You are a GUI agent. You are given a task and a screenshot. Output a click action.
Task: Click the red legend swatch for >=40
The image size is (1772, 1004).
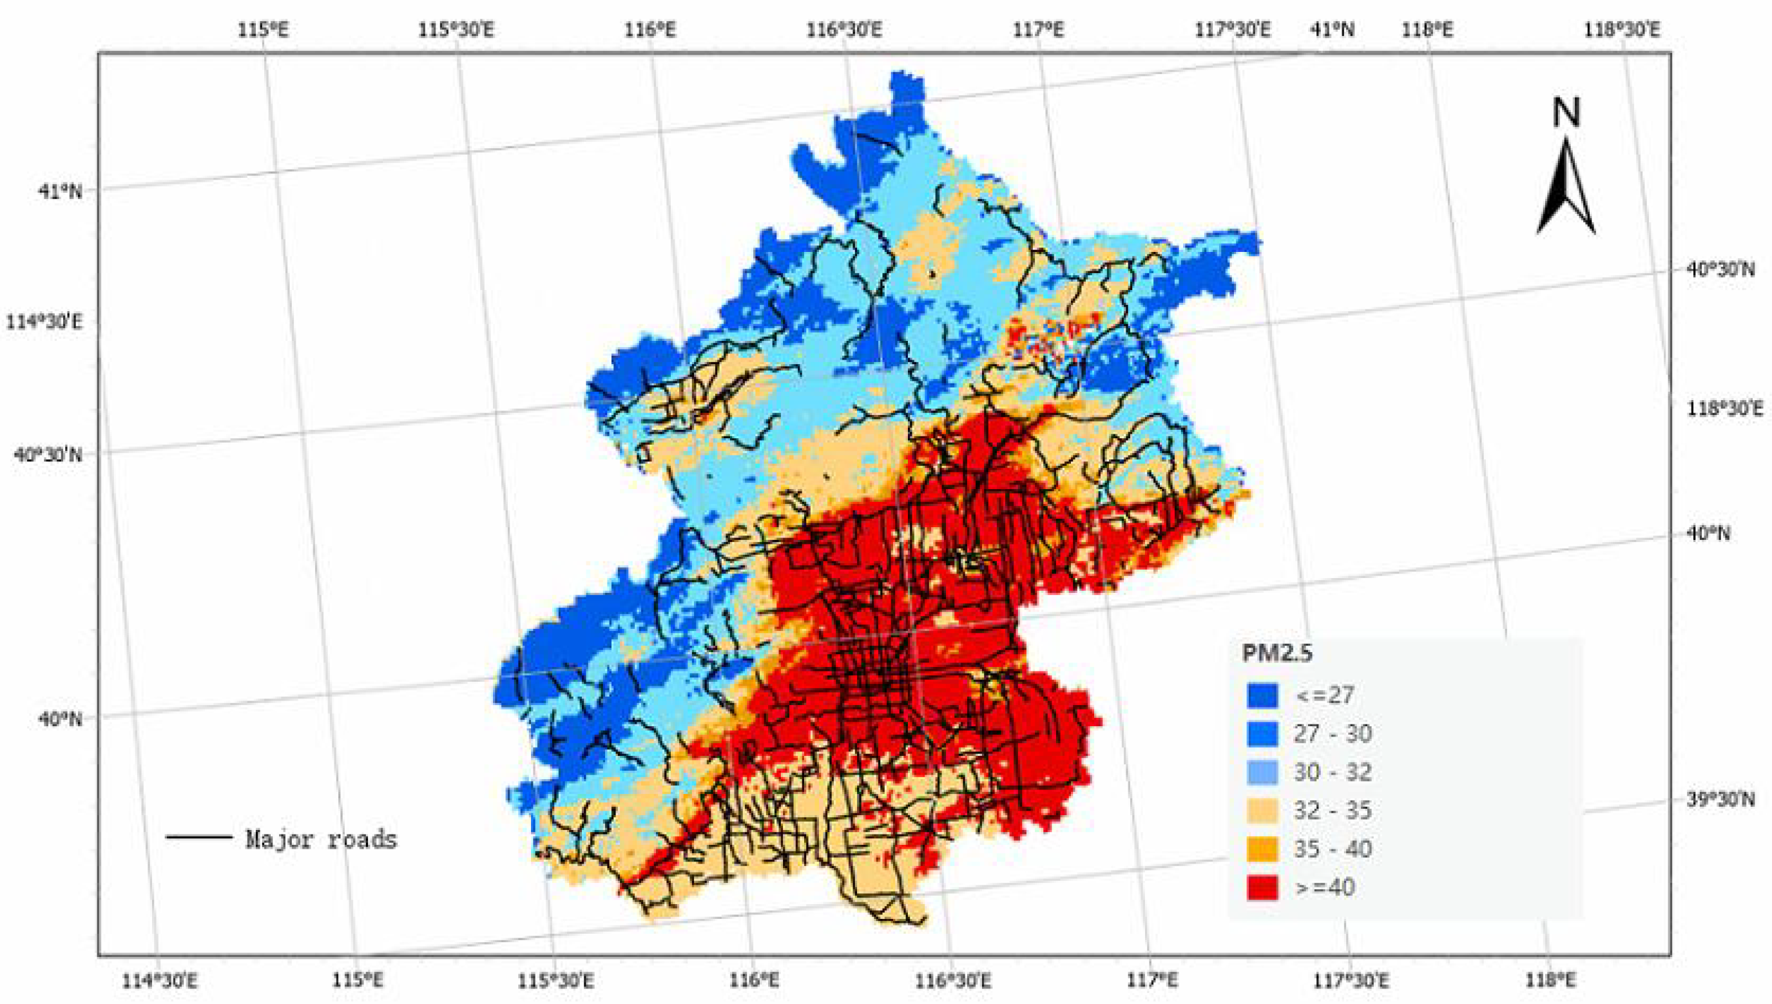(1262, 887)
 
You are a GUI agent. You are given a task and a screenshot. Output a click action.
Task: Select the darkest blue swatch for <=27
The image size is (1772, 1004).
(1262, 695)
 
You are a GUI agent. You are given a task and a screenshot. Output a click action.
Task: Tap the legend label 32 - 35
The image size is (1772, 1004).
(1332, 810)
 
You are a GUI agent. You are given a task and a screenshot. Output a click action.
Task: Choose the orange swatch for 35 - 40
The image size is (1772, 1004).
(1262, 849)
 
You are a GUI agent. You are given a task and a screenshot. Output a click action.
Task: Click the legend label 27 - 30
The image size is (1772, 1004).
(1332, 734)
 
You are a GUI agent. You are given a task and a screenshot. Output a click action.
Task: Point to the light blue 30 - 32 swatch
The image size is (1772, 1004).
(1262, 772)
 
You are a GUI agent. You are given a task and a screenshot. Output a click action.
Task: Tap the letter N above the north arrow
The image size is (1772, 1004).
(1566, 113)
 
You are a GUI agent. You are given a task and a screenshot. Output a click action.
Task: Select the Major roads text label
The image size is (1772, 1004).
(322, 840)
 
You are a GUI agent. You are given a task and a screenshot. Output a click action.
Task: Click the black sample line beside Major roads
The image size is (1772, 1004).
(199, 837)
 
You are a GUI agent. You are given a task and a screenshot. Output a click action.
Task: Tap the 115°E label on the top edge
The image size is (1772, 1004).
(264, 30)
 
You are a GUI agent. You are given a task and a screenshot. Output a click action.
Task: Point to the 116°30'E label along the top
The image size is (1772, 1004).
(844, 30)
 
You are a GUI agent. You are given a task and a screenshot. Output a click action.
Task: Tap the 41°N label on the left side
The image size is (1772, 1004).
(59, 191)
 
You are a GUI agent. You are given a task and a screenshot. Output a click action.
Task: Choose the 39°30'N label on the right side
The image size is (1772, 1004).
(1720, 800)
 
